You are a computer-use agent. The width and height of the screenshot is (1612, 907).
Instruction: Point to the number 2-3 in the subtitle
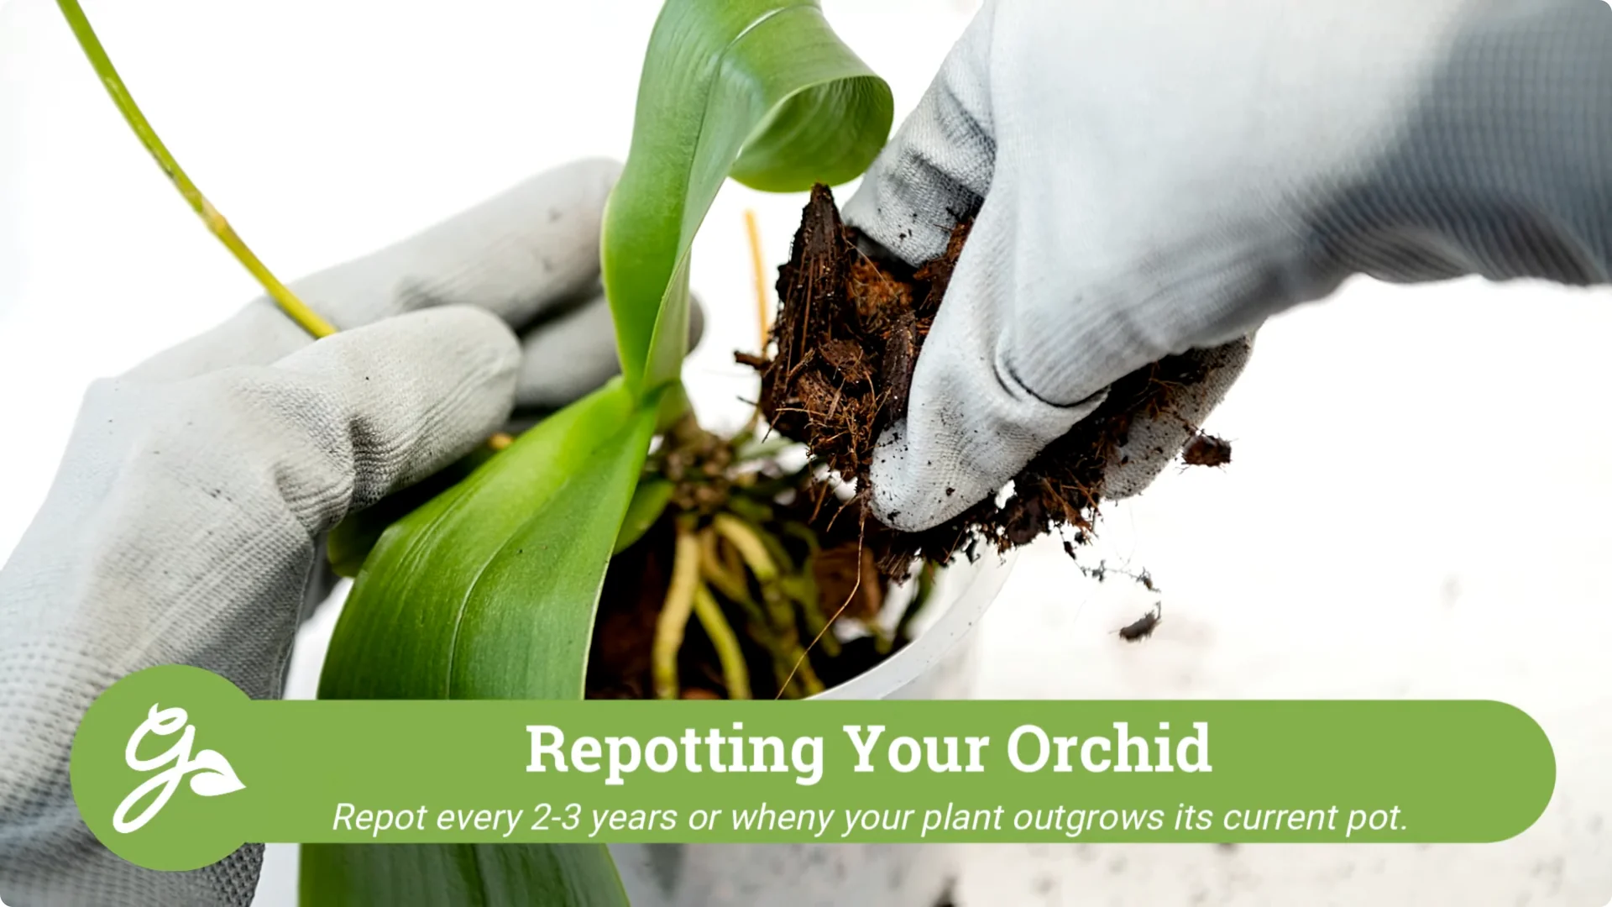point(555,817)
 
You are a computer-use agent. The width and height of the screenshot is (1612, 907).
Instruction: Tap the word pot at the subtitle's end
point(1376,818)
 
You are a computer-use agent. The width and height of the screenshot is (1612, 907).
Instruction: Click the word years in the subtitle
point(633,818)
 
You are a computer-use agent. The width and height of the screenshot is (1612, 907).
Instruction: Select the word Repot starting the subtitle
point(380,818)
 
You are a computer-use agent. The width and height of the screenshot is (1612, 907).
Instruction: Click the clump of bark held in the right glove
point(848,336)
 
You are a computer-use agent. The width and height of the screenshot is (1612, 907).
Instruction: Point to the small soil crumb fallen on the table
point(1139,625)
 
